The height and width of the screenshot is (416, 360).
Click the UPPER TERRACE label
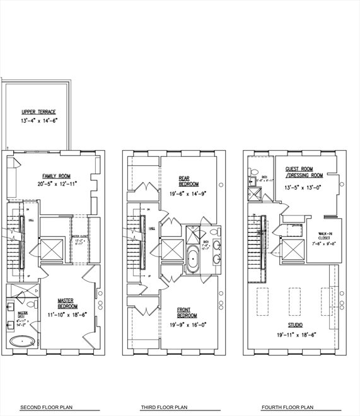38,112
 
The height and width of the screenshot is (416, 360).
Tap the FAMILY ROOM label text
55,176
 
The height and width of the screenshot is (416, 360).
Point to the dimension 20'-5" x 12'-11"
55,184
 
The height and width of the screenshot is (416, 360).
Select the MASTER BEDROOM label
66,303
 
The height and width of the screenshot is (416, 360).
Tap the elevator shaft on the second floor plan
52,246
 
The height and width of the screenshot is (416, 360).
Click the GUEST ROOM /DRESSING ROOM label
304,172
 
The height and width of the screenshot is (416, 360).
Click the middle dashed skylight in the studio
295,298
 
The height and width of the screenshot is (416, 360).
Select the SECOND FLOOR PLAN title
47,407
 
